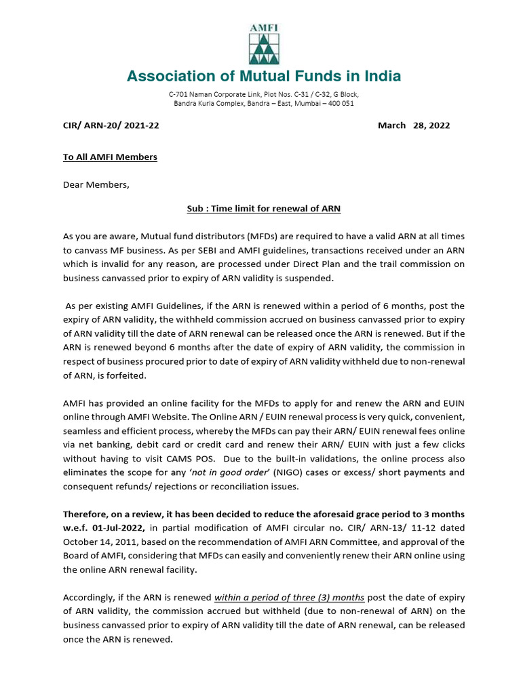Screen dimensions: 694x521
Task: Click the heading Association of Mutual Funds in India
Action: pos(263,76)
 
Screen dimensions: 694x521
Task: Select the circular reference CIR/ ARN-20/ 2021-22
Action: pos(111,125)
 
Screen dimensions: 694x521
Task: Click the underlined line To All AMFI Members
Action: pos(110,157)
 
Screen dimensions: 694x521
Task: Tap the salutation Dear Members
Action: pos(96,184)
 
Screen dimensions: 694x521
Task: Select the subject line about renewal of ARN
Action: pos(263,209)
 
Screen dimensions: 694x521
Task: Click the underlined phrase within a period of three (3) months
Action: pos(290,597)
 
